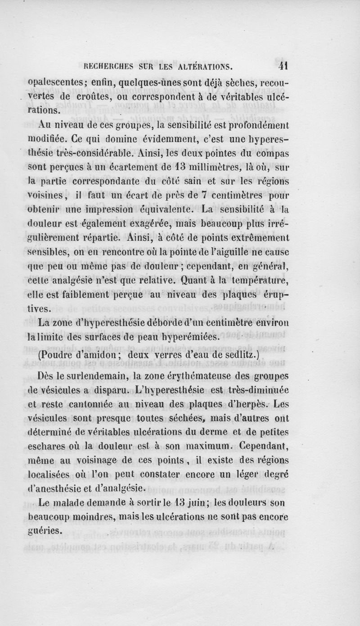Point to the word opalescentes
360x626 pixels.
(57, 83)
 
